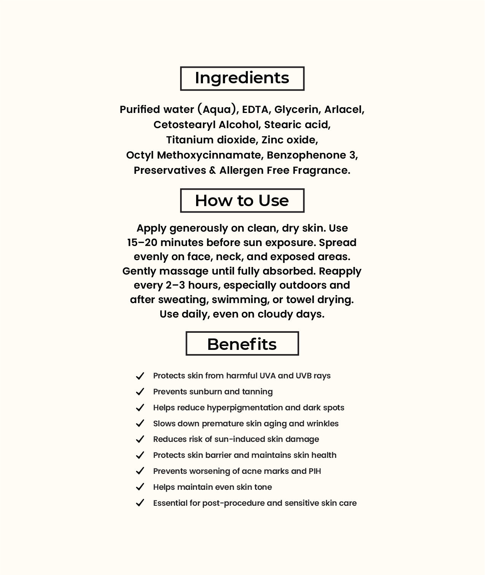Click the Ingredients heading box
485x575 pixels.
pyautogui.click(x=242, y=78)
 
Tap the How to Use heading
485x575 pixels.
pyautogui.click(x=242, y=200)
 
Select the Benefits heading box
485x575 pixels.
pyautogui.click(x=242, y=344)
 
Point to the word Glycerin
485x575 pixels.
pyautogui.click(x=296, y=110)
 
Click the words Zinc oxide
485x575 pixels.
pyautogui.click(x=289, y=140)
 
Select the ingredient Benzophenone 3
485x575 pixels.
pyautogui.click(x=312, y=155)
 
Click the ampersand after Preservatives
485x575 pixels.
pyautogui.click(x=212, y=170)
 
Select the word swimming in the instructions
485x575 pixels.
pyautogui.click(x=240, y=300)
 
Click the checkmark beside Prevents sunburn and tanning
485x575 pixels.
pyautogui.click(x=140, y=392)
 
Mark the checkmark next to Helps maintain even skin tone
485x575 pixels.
pyautogui.click(x=140, y=487)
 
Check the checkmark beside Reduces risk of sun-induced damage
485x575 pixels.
pyautogui.click(x=140, y=439)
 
